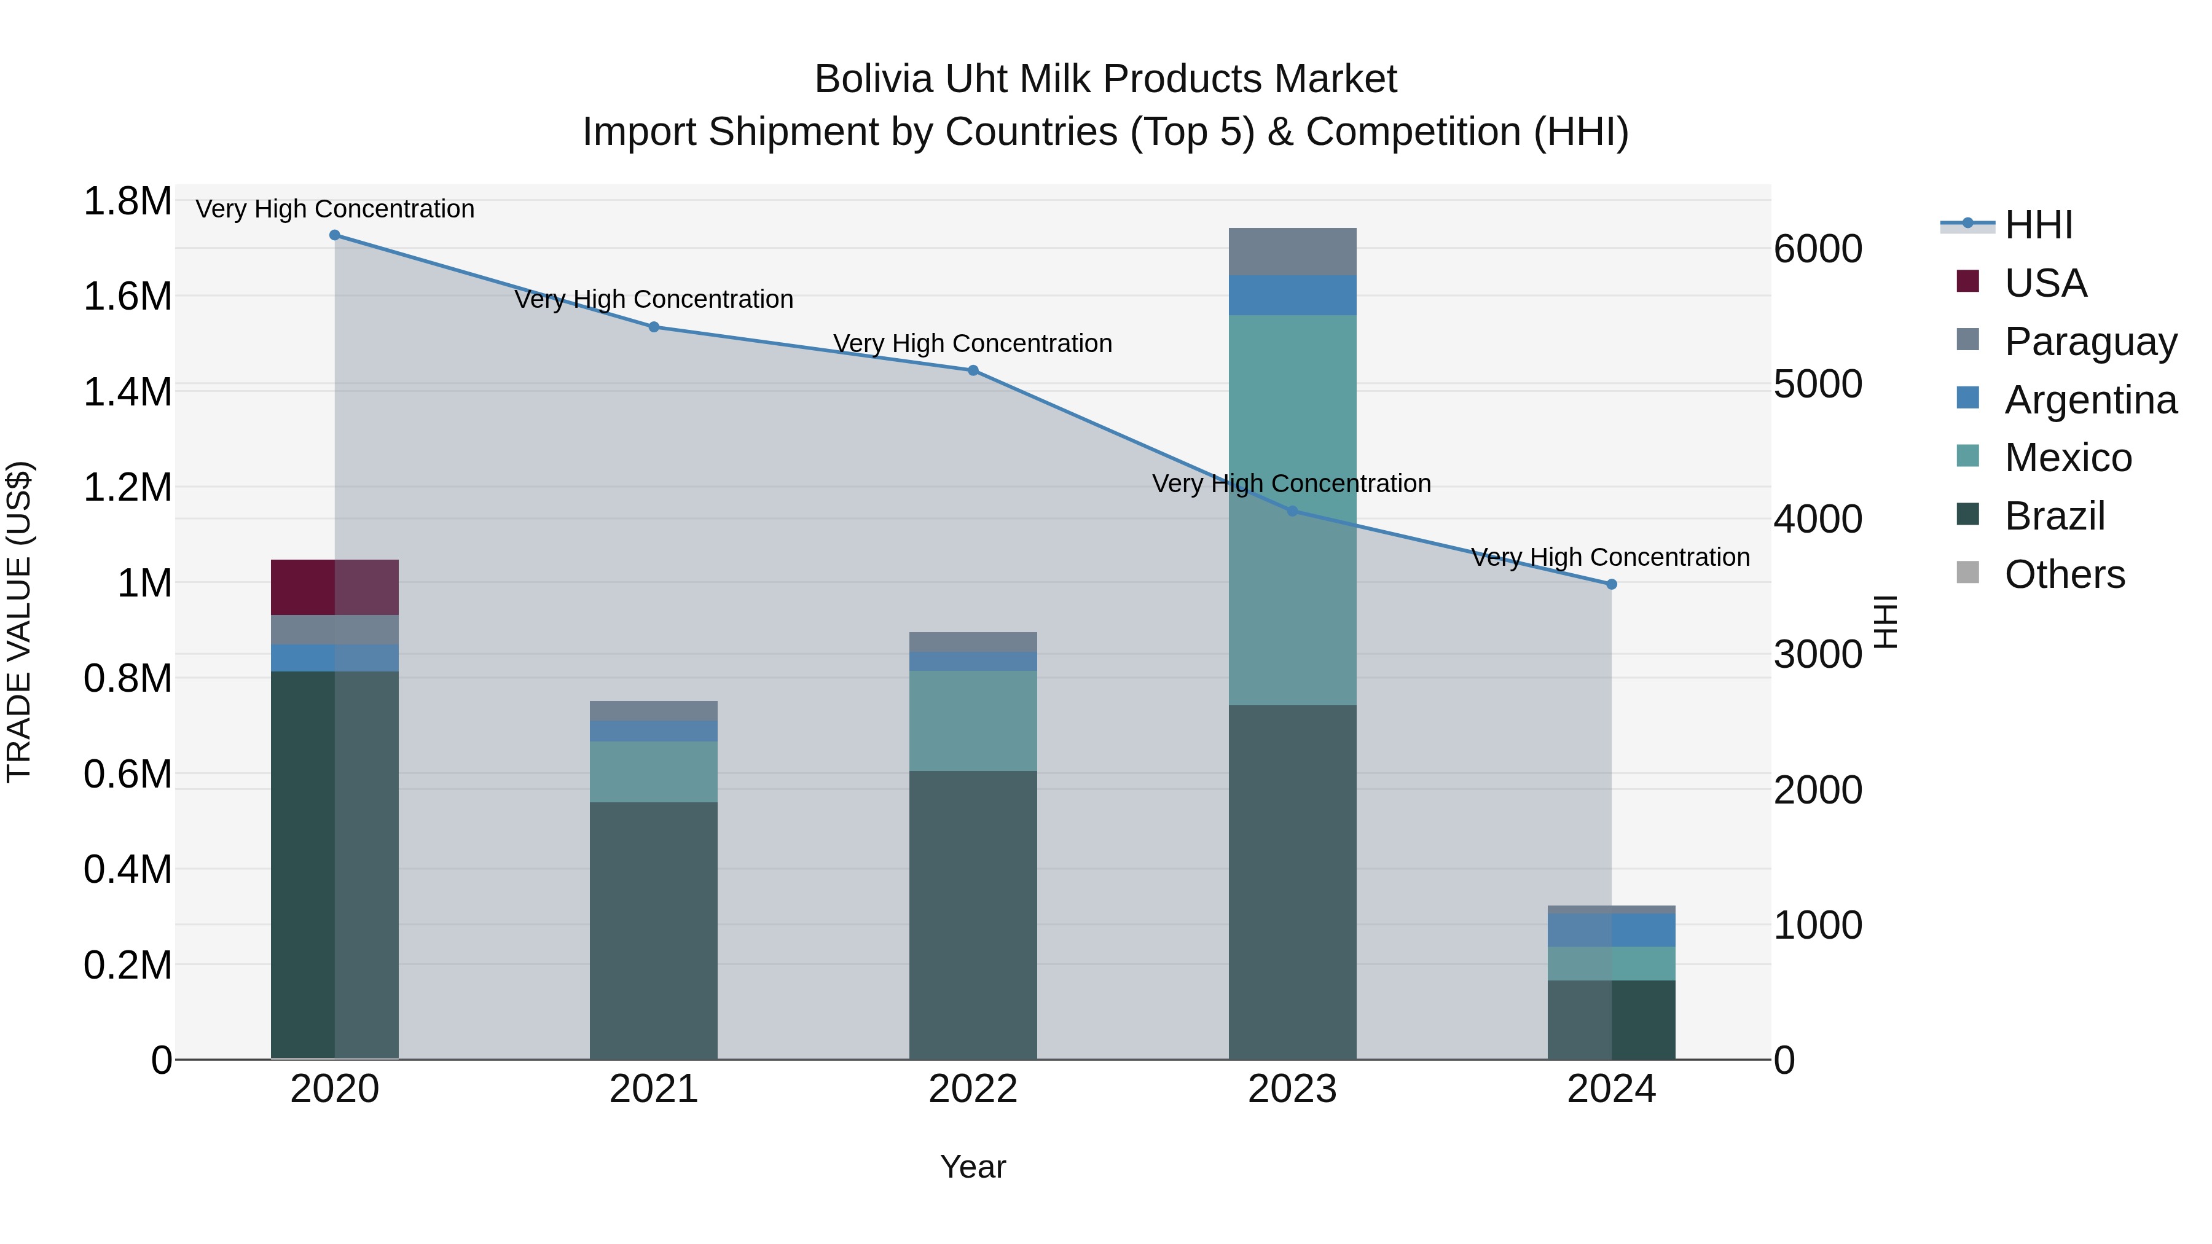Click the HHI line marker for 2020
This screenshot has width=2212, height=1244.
click(335, 235)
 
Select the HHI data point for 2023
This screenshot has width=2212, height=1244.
click(1292, 512)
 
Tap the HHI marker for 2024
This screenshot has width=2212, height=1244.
click(1611, 585)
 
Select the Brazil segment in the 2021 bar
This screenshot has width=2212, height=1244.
click(654, 931)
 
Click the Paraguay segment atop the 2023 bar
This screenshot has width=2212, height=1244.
click(1292, 251)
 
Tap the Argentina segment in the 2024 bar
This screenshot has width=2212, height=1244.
click(1611, 931)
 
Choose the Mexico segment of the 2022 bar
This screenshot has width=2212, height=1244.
click(973, 721)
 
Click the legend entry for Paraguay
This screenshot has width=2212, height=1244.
click(2090, 341)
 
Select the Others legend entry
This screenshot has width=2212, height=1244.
click(2065, 574)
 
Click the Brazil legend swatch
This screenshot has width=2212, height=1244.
click(1967, 515)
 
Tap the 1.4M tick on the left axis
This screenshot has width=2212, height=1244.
click(127, 393)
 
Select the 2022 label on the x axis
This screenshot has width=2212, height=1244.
click(973, 1089)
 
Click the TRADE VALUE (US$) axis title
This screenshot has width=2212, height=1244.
click(19, 622)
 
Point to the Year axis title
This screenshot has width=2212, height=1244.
click(973, 1167)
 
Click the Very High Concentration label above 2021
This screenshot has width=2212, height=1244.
click(654, 300)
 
